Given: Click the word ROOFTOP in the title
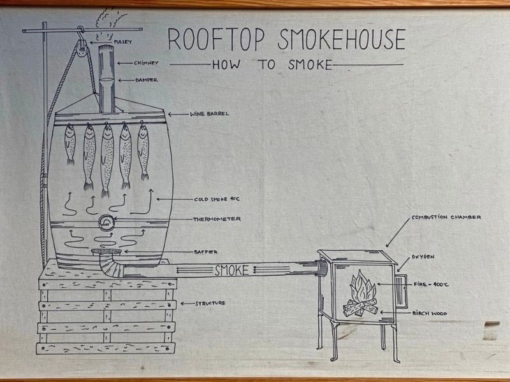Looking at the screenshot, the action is point(216,39).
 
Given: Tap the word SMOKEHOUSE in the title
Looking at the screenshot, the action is point(342,39).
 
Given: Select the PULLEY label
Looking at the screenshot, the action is point(122,42).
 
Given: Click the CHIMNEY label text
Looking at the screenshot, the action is point(146,63).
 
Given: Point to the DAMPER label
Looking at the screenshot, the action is point(147,80).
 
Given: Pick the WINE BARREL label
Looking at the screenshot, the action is point(210,114).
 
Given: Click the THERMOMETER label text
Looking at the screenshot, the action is point(217,219).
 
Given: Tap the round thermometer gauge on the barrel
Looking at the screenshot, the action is point(106,223).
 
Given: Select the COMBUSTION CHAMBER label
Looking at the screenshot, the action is point(446,217).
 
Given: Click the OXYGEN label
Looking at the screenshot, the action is point(423,257).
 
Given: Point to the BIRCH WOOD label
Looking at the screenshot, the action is point(430,313).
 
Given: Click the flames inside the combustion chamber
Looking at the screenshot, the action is point(362,286).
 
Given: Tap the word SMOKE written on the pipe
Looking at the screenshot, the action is point(231,270).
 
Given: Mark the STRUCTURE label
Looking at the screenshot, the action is point(210,304).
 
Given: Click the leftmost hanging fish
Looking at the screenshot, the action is point(69,144).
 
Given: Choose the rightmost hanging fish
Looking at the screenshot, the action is point(143,151).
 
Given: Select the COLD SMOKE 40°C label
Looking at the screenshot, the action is point(217,199).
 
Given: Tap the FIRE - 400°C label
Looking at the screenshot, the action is point(431,285).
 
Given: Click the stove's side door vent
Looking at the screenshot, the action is point(402,292).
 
